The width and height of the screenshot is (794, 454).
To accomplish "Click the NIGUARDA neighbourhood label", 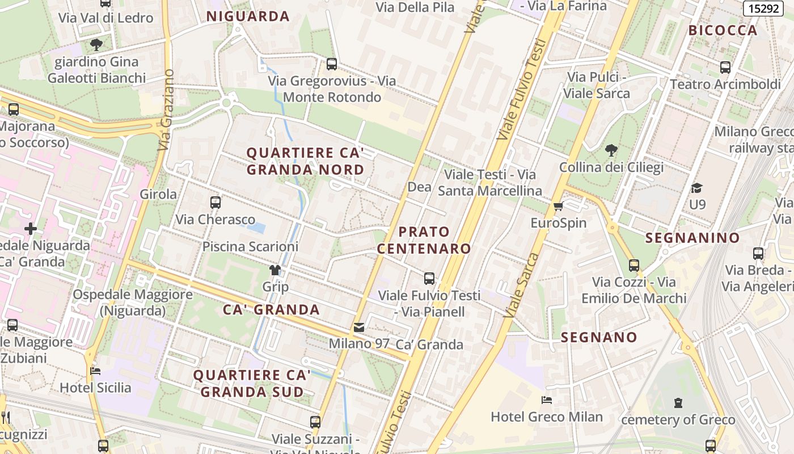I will [248, 16].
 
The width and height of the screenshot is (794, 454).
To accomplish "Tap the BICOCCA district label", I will [723, 30].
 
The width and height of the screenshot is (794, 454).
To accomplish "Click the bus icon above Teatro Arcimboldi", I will [725, 68].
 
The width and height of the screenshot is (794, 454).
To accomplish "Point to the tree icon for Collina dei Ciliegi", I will [611, 150].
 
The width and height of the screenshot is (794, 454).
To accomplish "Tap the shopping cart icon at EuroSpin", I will [558, 206].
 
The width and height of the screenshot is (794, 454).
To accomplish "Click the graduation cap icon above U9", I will [696, 188].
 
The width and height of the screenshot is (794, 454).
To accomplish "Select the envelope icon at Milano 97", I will [359, 327].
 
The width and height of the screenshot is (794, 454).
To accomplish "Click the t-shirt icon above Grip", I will [275, 270].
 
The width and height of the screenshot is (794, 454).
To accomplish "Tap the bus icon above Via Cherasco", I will [216, 203].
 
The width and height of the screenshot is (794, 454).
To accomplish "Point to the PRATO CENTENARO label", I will [424, 240].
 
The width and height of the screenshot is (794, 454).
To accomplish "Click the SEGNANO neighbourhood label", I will [599, 337].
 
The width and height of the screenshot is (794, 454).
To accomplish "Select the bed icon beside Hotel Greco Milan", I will [547, 400].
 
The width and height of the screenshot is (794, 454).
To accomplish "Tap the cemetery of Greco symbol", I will [678, 403].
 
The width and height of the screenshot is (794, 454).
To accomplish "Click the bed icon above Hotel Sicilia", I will [95, 371].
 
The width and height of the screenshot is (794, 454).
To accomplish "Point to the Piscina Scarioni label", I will [250, 246].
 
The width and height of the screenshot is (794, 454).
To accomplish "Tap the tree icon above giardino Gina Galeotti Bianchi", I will [96, 44].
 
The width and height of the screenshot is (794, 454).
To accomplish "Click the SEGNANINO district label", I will [692, 238].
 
